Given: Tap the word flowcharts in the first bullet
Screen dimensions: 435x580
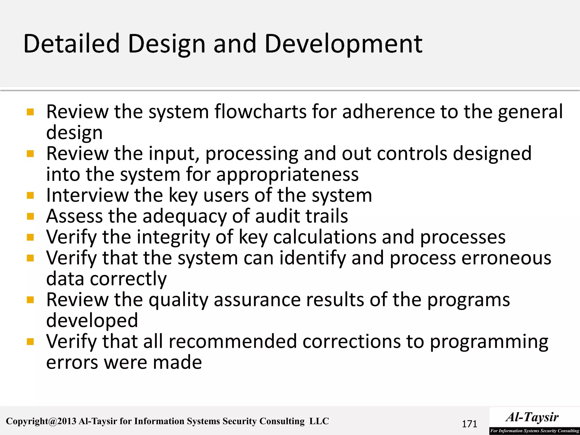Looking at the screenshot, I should [260, 112].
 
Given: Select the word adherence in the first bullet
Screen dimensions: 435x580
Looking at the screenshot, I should [388, 112].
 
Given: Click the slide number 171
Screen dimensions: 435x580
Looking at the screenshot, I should [469, 424].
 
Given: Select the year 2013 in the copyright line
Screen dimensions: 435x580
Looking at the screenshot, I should [67, 421].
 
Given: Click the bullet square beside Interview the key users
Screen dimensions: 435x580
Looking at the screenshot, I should [30, 195].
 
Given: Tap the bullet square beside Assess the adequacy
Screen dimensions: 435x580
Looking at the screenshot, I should [30, 216].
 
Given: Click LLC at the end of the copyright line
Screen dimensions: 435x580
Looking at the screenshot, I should [319, 421].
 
